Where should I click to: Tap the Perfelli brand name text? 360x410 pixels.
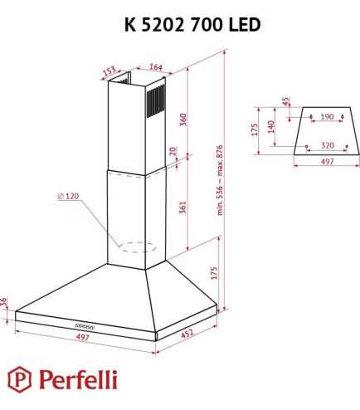point(75,380)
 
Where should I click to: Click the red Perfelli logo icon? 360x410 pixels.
point(18,379)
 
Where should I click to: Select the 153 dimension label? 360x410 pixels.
point(109,71)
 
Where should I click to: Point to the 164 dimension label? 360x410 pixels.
point(154,68)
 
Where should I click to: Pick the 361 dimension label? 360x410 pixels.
point(184,207)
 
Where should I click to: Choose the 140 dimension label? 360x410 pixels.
point(270,127)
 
